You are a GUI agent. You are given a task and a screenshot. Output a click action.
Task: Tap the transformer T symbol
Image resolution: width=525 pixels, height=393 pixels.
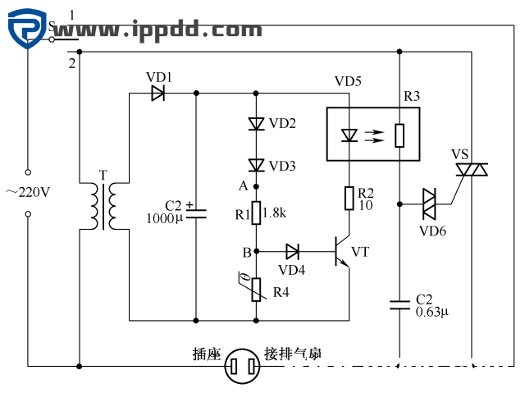click(103, 205)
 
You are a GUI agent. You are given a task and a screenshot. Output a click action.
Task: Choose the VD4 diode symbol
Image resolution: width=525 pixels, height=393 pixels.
click(293, 250)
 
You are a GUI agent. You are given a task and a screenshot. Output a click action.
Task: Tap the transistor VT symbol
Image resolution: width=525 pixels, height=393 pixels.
click(342, 251)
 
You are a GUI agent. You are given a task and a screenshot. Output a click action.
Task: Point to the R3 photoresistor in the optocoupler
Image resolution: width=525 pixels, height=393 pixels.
click(399, 135)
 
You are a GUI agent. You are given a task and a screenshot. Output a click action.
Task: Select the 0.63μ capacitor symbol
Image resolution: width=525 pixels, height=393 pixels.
click(399, 304)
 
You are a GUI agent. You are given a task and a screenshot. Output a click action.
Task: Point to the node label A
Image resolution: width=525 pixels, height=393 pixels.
click(243, 186)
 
